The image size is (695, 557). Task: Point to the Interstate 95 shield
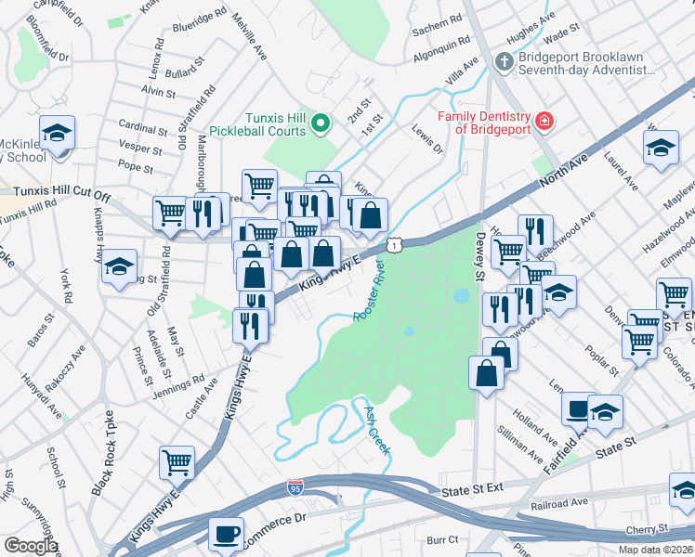point(297,513)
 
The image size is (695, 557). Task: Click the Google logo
point(30,546)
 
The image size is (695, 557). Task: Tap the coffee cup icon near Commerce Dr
point(226,534)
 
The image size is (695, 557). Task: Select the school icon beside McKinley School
point(57,133)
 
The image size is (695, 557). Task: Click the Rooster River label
point(369,291)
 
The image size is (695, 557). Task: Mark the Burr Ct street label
point(442,538)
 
